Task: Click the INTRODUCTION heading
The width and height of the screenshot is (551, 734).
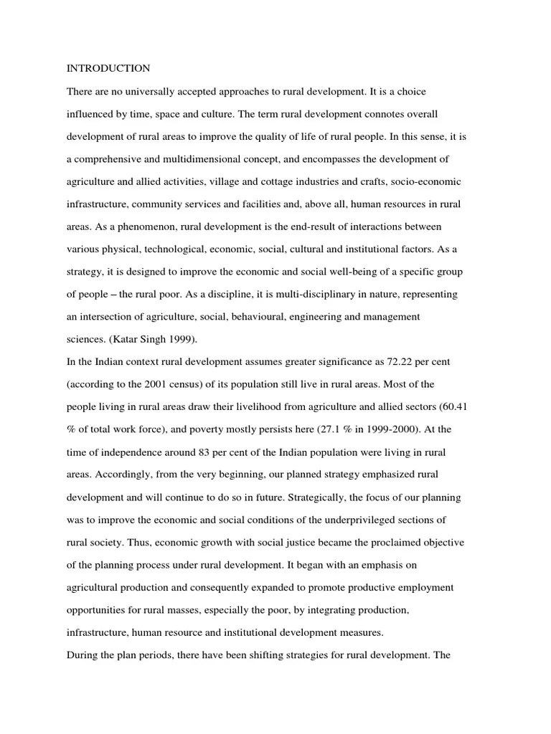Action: tap(108, 69)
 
